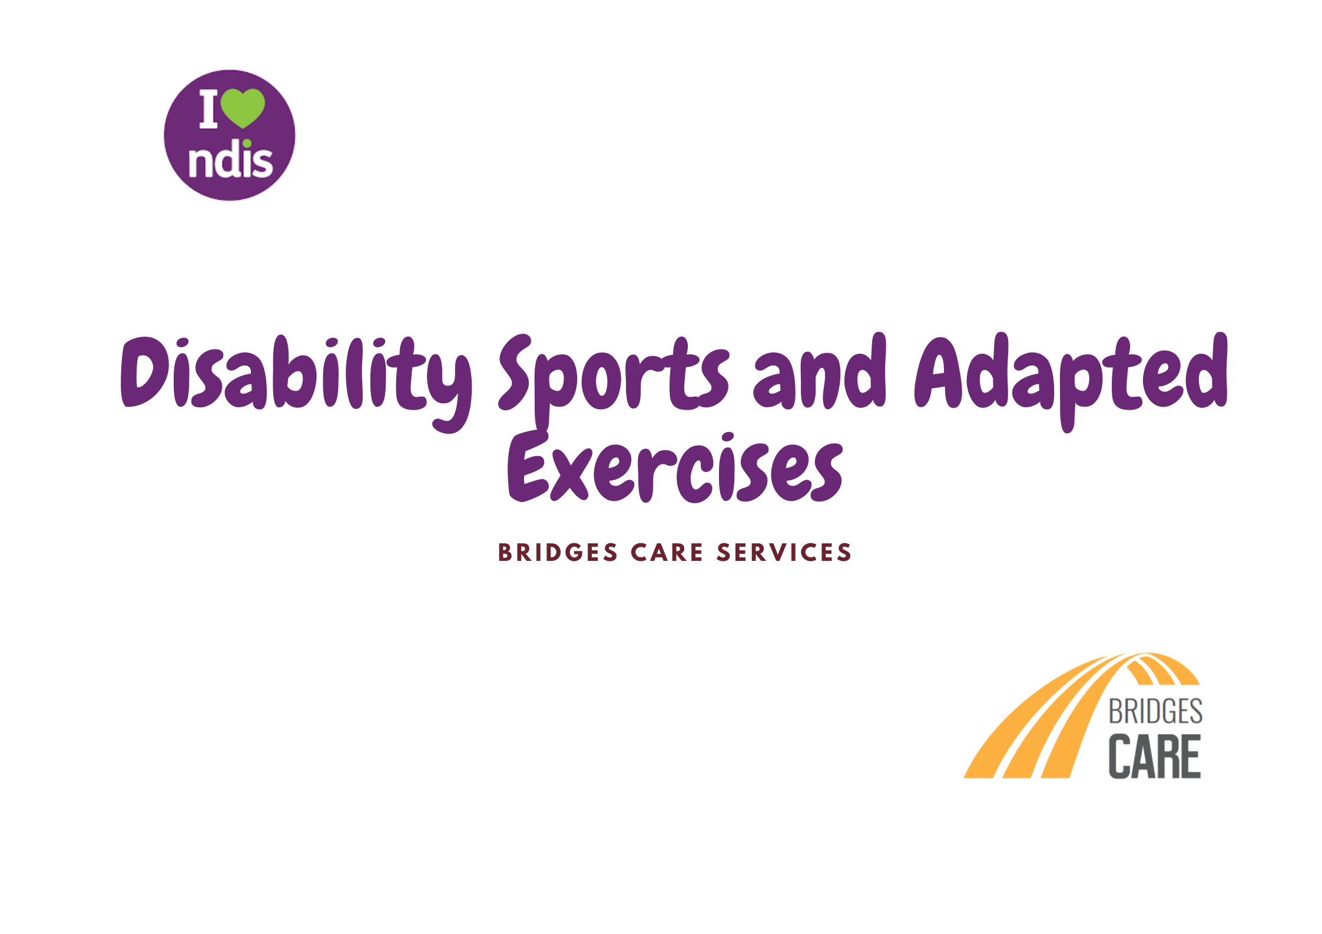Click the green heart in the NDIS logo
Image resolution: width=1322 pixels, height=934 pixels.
[243, 107]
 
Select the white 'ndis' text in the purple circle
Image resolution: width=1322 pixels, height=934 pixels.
[230, 162]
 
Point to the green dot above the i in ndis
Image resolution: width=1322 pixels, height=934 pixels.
[247, 143]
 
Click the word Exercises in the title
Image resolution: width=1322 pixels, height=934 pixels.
[675, 468]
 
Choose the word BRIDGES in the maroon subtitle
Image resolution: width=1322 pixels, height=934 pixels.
[558, 553]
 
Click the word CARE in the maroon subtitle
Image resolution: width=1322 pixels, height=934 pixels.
[667, 553]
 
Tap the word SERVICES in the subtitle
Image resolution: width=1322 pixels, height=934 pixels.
[784, 553]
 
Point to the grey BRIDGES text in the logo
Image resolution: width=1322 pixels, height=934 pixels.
[1155, 712]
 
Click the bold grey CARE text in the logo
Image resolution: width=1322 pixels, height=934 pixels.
[1154, 757]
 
